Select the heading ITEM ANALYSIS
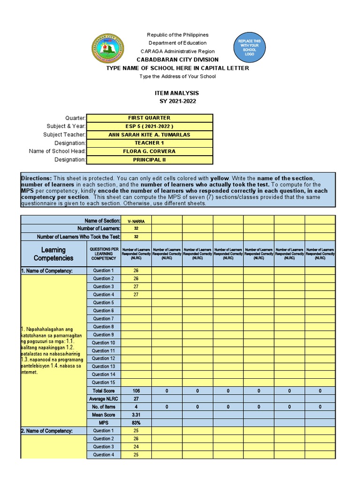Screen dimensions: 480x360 coord(177,93)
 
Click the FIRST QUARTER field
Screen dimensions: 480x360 coord(149,118)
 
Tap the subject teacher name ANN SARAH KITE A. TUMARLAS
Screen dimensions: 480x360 coord(149,135)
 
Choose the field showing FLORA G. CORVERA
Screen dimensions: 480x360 coord(149,151)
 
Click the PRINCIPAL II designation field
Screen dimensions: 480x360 coord(149,160)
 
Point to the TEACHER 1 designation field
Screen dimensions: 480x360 coord(149,143)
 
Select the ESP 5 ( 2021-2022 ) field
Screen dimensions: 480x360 coord(149,127)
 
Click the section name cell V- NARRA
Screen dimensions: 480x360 coord(135,220)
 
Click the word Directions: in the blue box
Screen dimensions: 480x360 coord(36,179)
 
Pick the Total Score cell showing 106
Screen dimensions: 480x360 coord(135,390)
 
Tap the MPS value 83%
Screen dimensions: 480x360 coord(135,422)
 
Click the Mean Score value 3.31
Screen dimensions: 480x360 coord(135,414)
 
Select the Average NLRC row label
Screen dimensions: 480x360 coord(103,398)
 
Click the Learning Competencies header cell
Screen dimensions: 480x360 coord(53,254)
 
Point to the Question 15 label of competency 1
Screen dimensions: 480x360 coord(103,382)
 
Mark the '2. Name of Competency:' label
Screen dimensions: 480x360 coord(46,431)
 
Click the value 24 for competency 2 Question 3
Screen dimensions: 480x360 coord(135,447)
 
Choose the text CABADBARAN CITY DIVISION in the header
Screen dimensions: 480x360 coord(177,60)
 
